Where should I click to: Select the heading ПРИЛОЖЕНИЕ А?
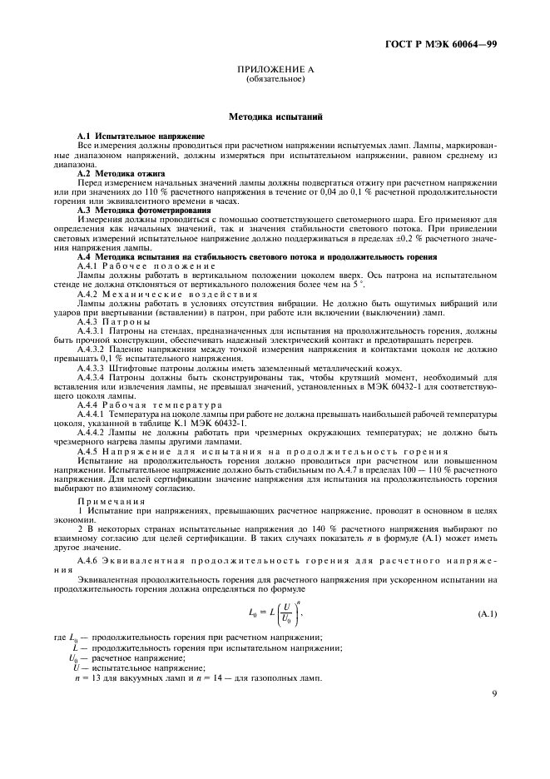click(x=275, y=72)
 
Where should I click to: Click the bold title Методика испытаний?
click(x=275, y=119)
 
